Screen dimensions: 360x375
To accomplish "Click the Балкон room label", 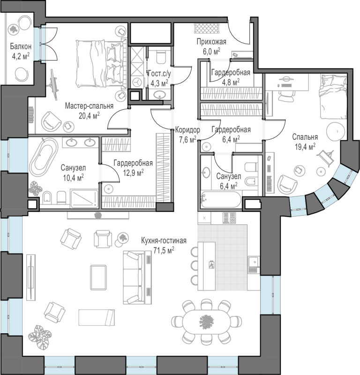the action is (x=21, y=46).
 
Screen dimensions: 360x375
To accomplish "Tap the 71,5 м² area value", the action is (x=164, y=250).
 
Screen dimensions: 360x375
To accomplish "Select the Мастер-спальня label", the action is (x=89, y=106).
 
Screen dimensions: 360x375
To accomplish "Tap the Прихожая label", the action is (x=211, y=42).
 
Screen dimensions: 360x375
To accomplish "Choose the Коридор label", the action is (x=187, y=130).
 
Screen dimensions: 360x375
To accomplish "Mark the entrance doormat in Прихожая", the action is (x=207, y=29).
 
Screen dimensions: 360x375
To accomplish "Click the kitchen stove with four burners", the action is (x=229, y=217).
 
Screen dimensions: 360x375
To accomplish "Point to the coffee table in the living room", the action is (x=98, y=277).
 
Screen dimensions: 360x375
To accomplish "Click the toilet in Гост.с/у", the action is (x=161, y=57).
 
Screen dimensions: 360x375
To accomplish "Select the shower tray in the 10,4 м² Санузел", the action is (x=85, y=198).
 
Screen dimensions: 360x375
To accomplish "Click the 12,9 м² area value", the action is (x=133, y=172).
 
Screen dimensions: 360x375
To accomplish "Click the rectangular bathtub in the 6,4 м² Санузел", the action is (x=220, y=200).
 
